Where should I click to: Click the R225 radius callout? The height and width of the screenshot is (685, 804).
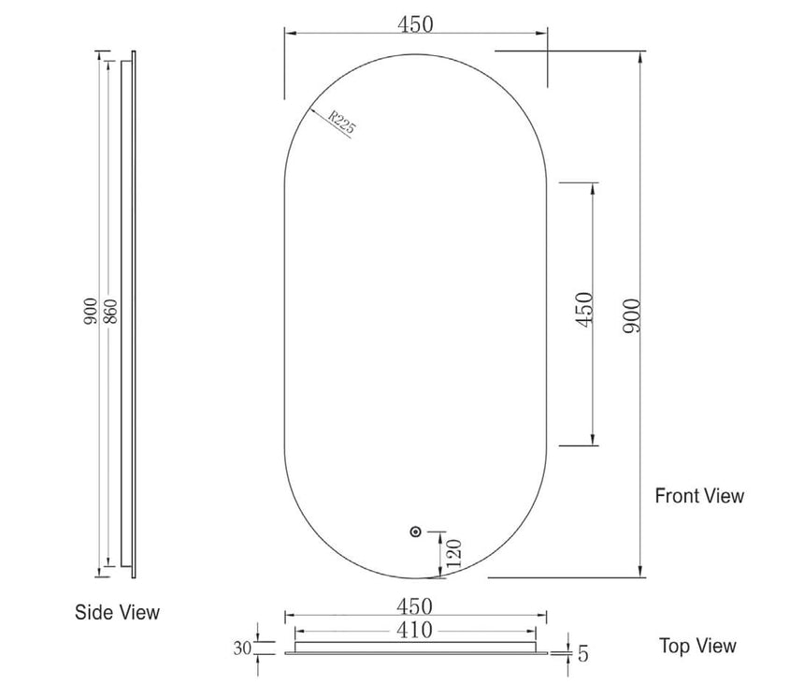(341, 123)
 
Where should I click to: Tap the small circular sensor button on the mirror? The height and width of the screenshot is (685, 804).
(416, 532)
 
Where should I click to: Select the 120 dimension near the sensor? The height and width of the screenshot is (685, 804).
(455, 553)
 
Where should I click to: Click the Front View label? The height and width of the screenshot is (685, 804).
(699, 495)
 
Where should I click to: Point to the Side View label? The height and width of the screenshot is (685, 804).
(117, 612)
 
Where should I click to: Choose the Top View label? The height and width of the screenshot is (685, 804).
(697, 646)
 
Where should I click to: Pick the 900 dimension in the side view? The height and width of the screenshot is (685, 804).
(91, 313)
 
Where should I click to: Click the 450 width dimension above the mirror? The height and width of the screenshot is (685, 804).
(415, 24)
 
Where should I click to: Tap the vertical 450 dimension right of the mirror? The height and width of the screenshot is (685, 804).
(583, 310)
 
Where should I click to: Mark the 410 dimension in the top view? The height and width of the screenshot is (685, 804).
(414, 630)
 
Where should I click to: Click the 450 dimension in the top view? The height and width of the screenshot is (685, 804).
(414, 606)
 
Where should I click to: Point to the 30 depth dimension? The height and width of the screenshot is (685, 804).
(243, 647)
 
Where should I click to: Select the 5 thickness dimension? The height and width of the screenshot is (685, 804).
(583, 653)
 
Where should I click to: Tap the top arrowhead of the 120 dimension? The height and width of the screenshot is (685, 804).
(442, 536)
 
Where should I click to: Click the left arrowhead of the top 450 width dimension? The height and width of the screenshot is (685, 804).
(291, 34)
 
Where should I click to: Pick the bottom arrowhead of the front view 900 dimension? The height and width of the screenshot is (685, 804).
(640, 572)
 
